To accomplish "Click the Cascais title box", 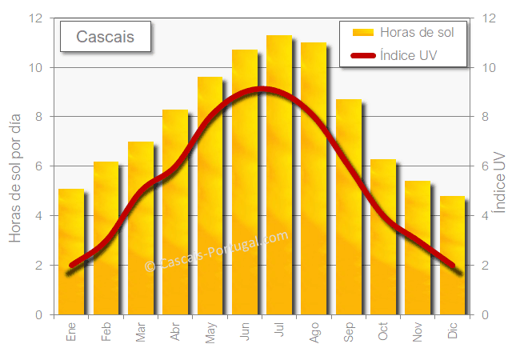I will [106, 37].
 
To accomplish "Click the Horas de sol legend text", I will [417, 33].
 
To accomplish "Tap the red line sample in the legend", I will [363, 56].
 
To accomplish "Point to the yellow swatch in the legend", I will [363, 33].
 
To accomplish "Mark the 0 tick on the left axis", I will [38, 314].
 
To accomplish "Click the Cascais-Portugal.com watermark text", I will [216, 252].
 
